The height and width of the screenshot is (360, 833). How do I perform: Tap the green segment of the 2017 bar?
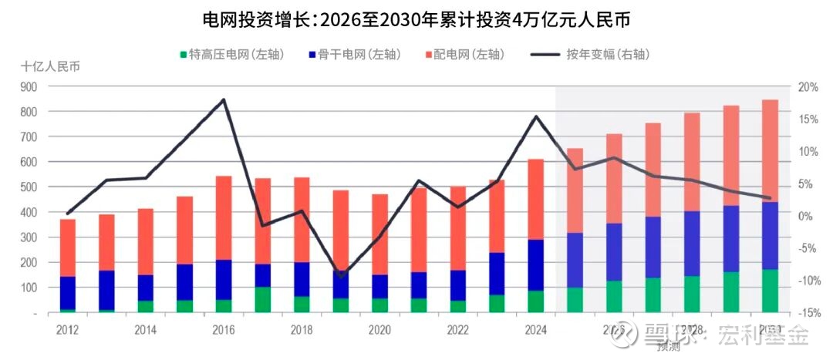(x=263, y=300)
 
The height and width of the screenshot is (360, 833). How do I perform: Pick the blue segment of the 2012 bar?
(x=68, y=293)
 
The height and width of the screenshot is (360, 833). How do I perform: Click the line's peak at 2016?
(x=224, y=99)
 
